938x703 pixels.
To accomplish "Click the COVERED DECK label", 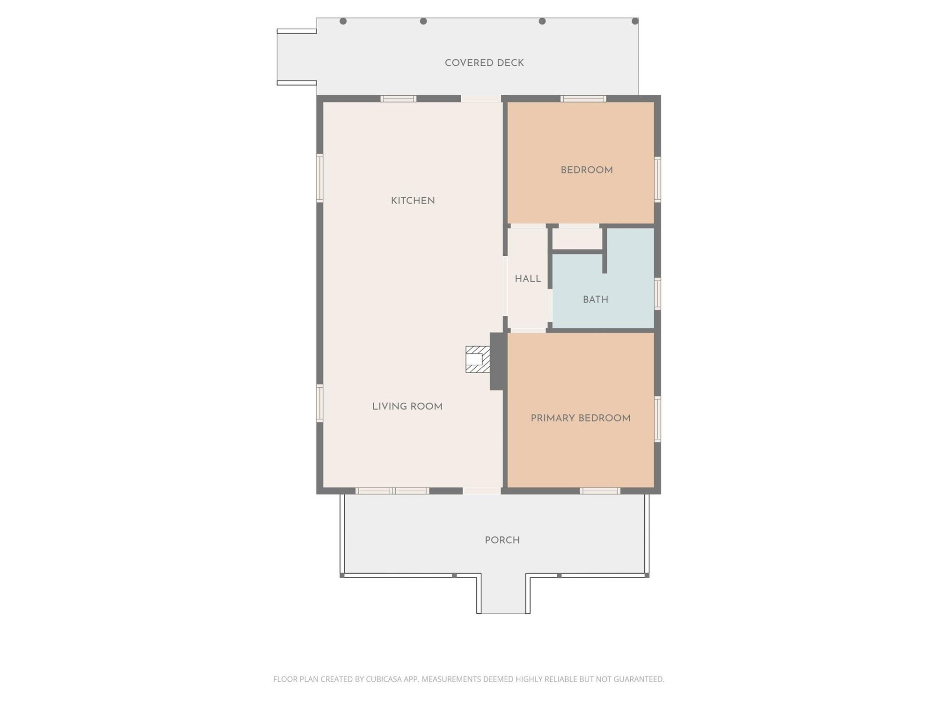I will click(x=484, y=63).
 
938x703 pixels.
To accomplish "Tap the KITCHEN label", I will click(x=413, y=201).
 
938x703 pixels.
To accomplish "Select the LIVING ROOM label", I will click(x=407, y=407).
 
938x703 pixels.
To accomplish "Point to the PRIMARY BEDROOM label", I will click(x=580, y=418).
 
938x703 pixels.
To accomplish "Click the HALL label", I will click(x=528, y=279).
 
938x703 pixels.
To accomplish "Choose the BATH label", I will click(x=595, y=300).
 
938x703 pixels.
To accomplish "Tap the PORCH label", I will click(x=502, y=540).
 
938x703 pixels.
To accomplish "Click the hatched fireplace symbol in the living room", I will click(x=477, y=359).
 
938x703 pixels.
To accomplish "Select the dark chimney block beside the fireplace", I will click(x=497, y=361).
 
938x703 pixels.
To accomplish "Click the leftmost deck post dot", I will click(x=343, y=21).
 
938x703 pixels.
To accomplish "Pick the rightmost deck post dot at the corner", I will click(x=635, y=21).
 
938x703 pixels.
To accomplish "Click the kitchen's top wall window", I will click(x=398, y=99).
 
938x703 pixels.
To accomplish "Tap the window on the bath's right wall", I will click(x=658, y=293).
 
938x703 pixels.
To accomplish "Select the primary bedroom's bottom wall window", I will click(x=600, y=491).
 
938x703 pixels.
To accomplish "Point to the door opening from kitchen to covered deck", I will click(x=481, y=99).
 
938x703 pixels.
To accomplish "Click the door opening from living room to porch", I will click(x=482, y=491).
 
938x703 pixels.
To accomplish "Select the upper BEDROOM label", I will click(x=586, y=170).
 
